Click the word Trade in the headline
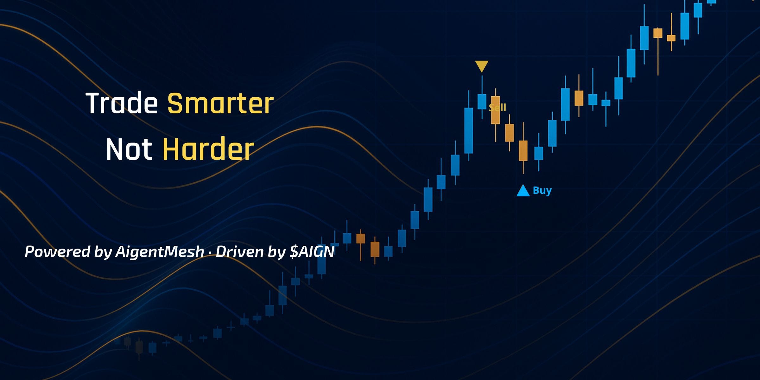pos(122,103)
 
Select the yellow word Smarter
pos(220,103)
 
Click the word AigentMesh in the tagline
pos(160,252)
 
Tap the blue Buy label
pos(542,190)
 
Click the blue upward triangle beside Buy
pos(523,191)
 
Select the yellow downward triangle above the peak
pos(482,66)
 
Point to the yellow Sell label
pos(497,108)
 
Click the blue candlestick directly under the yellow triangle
pos(482,101)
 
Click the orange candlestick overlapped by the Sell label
pos(495,110)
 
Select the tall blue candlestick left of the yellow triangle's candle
pos(469,130)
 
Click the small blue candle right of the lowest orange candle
pos(539,153)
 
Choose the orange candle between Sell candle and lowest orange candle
pos(510,133)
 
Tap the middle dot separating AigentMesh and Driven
pos(210,252)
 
